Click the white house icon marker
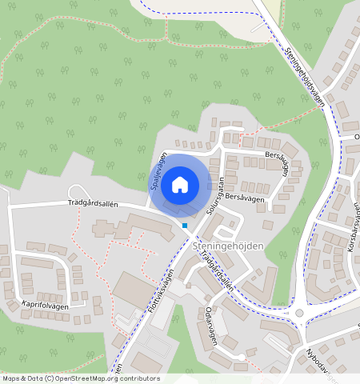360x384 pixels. tap(180, 186)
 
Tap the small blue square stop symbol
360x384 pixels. tap(185, 226)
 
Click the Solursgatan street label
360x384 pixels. tap(214, 194)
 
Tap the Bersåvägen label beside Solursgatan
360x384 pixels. tap(245, 196)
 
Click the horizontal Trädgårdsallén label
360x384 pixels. tap(93, 204)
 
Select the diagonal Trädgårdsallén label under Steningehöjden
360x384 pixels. tap(218, 271)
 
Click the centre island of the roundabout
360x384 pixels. tap(299, 314)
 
